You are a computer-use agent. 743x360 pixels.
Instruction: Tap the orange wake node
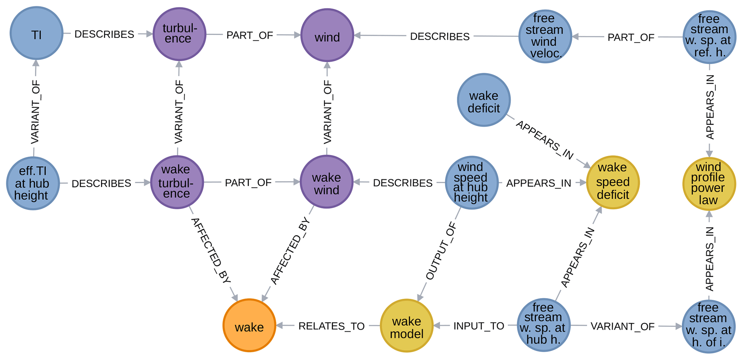pyautogui.click(x=249, y=325)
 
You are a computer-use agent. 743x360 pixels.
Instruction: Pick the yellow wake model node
pyautogui.click(x=407, y=326)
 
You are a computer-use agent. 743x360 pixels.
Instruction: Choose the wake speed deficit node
pyautogui.click(x=613, y=182)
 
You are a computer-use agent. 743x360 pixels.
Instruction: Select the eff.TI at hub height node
pyautogui.click(x=33, y=183)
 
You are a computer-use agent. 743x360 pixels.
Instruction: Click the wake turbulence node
pyautogui.click(x=177, y=182)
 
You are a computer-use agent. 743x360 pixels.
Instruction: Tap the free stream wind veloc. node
pyautogui.click(x=545, y=36)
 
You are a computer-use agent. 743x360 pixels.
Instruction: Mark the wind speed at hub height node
pyautogui.click(x=471, y=182)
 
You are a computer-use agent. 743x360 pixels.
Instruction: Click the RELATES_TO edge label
pyautogui.click(x=331, y=326)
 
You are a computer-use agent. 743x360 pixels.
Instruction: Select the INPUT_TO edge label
pyautogui.click(x=478, y=326)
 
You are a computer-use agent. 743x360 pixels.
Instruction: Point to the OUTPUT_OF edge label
pyautogui.click(x=441, y=251)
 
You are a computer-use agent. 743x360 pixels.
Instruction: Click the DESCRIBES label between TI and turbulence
pyautogui.click(x=104, y=34)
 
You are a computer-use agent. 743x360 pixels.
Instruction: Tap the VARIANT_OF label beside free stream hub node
pyautogui.click(x=622, y=327)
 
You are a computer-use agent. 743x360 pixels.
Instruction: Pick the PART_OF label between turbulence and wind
pyautogui.click(x=249, y=35)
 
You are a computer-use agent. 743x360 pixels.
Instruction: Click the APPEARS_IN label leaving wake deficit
pyautogui.click(x=545, y=140)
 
